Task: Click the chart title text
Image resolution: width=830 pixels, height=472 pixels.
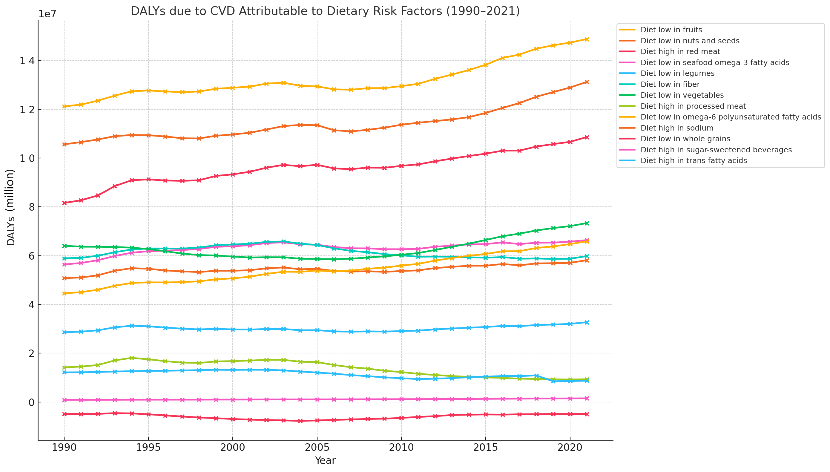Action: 325,11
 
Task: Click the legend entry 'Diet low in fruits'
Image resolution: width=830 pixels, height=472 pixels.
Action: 671,30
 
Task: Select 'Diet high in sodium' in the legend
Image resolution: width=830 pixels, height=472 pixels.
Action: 677,128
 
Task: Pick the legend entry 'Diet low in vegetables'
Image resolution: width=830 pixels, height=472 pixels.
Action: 682,95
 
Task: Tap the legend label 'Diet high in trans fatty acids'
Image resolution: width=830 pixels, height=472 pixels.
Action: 694,161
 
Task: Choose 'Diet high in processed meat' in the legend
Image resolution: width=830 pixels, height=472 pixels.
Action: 693,106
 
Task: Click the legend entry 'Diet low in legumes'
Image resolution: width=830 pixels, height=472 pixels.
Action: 677,73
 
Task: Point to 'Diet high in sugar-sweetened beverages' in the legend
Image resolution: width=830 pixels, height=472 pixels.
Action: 716,150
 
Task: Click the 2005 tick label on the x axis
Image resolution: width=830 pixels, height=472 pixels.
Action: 317,448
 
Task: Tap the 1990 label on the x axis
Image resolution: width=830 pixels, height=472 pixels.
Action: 64,448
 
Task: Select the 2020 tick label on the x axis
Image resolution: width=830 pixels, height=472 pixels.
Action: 570,448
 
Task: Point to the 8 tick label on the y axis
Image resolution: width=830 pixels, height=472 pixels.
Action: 31,207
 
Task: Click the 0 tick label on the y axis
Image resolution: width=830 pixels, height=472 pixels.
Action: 31,402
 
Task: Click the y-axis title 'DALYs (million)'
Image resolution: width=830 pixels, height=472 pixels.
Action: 11,208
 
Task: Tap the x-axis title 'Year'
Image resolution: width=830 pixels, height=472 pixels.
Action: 325,461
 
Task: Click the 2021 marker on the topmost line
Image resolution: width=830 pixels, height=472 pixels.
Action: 587,39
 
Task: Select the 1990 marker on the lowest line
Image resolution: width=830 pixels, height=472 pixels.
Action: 64,414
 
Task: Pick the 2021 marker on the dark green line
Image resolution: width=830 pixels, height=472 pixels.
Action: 587,223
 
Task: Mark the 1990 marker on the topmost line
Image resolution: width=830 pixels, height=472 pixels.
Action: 64,106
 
